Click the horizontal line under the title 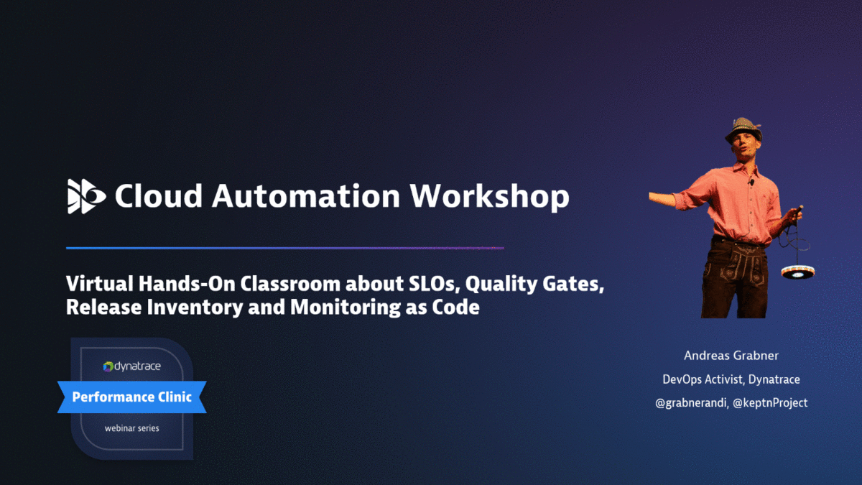click(284, 248)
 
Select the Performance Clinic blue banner click(131, 397)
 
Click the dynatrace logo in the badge click(131, 366)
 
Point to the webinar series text click(131, 428)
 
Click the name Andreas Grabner click(731, 356)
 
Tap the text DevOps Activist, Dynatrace click(731, 379)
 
